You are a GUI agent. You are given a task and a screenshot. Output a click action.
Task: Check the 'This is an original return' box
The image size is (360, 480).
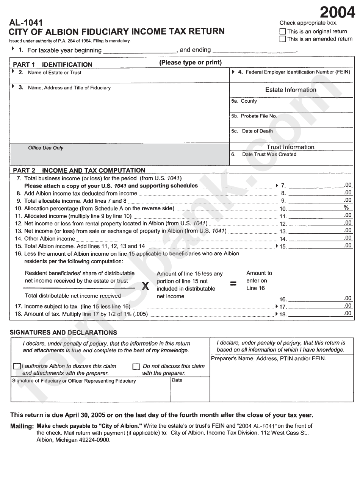coord(283,32)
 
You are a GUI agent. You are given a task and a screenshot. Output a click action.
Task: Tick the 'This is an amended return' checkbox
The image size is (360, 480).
coord(283,39)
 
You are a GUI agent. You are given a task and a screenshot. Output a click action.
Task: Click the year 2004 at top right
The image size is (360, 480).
coord(338,13)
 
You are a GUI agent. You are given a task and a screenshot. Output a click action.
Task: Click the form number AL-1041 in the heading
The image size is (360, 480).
coord(26,23)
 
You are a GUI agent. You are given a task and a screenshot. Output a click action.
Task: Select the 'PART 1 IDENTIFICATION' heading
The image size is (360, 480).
coord(53,64)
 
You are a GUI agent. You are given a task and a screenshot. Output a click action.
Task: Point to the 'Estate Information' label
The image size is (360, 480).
coord(291,90)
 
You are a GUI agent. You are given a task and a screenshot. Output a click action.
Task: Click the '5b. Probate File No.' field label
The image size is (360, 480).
coord(254,116)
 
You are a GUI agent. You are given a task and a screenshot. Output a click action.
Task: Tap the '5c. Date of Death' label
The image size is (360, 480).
coord(252,131)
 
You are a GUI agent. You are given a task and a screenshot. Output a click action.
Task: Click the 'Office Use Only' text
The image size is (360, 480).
coord(46,148)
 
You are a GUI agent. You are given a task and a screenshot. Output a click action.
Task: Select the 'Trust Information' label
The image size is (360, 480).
coord(290,147)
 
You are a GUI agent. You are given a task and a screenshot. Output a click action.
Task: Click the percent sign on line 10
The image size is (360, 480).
coord(346,208)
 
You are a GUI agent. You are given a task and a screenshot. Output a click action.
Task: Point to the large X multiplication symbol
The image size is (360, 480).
coord(145,286)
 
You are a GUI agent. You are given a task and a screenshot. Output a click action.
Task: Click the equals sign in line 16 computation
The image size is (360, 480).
coord(234,283)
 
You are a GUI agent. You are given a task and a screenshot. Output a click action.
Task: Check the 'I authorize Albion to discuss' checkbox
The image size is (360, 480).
coord(17,366)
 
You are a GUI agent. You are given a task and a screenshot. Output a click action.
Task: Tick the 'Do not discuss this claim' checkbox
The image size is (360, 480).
coord(136,366)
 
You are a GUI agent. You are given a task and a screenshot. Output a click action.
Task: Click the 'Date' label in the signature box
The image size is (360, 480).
coord(177,380)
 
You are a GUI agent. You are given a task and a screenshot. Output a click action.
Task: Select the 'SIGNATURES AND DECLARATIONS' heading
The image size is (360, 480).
coord(63,333)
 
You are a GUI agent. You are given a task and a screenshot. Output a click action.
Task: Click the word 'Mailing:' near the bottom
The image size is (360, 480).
coord(22,426)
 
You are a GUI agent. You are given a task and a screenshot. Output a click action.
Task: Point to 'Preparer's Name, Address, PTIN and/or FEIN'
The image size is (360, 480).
coord(268,358)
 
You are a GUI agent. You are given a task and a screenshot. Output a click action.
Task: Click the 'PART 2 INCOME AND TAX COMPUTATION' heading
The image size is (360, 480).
coord(79,170)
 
